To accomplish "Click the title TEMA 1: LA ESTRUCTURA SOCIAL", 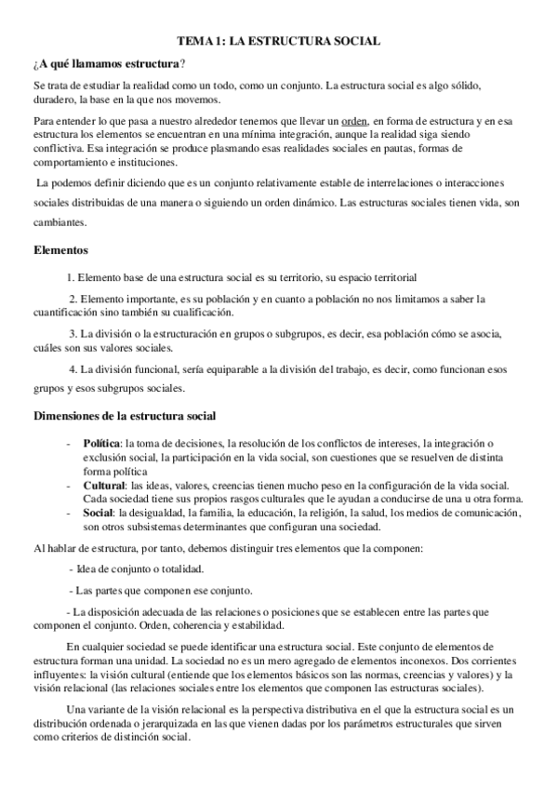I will click(278, 42).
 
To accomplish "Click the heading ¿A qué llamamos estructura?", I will click(108, 62).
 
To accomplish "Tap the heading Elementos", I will click(60, 250).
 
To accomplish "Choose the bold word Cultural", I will click(104, 486).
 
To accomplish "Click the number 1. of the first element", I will click(71, 277).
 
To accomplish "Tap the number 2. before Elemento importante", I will click(73, 299).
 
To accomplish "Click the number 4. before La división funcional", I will click(74, 369).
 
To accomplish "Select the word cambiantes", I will click(60, 223).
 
